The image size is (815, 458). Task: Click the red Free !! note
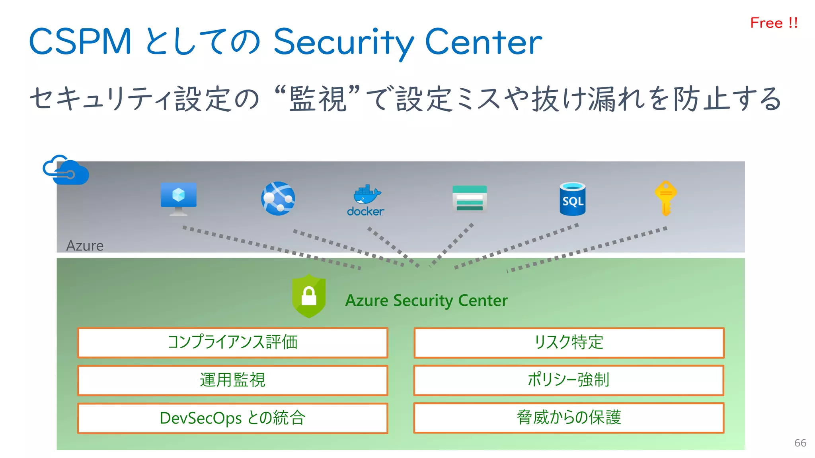(x=774, y=23)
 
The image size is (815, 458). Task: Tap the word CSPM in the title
(x=80, y=41)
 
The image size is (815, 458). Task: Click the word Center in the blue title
(x=483, y=41)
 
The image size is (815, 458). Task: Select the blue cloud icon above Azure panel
(x=66, y=170)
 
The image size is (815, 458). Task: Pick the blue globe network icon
(x=278, y=198)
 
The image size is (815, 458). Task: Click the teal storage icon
(x=470, y=198)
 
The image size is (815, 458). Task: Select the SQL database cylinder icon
(x=572, y=199)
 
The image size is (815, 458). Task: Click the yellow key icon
(x=665, y=198)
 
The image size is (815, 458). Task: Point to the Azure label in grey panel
(x=85, y=246)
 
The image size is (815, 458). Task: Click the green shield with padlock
(x=309, y=296)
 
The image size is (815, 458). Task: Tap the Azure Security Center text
(x=426, y=300)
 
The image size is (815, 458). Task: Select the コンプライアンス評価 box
(x=232, y=342)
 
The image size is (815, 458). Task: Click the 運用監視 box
(x=232, y=380)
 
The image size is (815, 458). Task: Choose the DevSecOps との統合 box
(x=232, y=418)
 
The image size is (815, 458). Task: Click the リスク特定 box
(x=569, y=342)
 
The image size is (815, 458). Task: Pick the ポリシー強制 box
(x=569, y=380)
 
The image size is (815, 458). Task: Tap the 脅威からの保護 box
(x=569, y=417)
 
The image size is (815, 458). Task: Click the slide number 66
(x=800, y=443)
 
